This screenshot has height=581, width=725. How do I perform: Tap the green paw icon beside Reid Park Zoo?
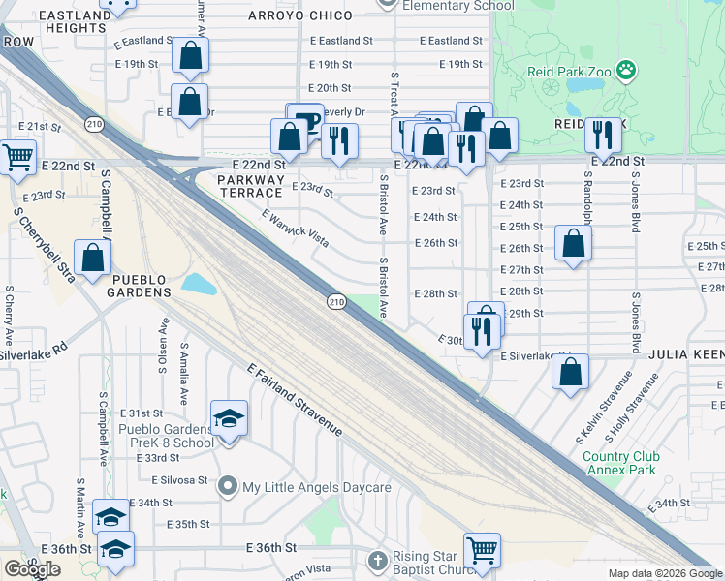coord(627,70)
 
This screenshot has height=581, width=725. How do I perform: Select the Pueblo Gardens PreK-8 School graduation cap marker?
coord(229,418)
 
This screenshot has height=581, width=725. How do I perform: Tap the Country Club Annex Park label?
coord(621,464)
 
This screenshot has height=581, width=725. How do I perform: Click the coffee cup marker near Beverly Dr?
coord(308,121)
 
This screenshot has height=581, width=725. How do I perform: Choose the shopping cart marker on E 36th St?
coord(482,549)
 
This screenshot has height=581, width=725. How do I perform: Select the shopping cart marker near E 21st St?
coord(17,156)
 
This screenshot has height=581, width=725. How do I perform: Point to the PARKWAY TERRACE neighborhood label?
coord(251,186)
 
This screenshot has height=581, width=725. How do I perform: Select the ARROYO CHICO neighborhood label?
coord(300,15)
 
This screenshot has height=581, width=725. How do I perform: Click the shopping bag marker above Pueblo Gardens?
coord(92,259)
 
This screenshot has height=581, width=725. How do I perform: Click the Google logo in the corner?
coord(32,569)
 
